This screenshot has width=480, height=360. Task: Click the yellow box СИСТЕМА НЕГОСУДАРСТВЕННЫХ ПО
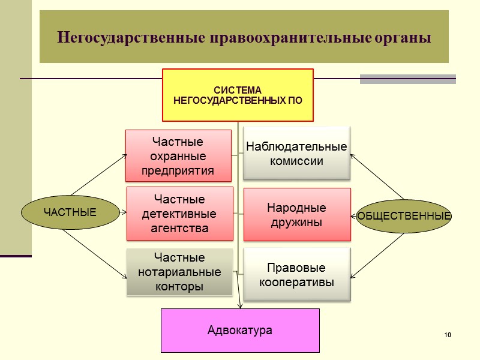click(x=238, y=95)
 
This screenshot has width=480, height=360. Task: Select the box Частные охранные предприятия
click(x=178, y=156)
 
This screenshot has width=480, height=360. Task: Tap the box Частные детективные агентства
click(x=179, y=213)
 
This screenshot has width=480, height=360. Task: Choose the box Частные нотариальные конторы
click(x=179, y=272)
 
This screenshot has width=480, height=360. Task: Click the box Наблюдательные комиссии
click(x=296, y=154)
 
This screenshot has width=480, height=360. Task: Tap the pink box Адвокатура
click(x=240, y=330)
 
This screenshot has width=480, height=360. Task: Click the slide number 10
click(x=448, y=334)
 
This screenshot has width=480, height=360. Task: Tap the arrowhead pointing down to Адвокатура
click(x=240, y=305)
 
